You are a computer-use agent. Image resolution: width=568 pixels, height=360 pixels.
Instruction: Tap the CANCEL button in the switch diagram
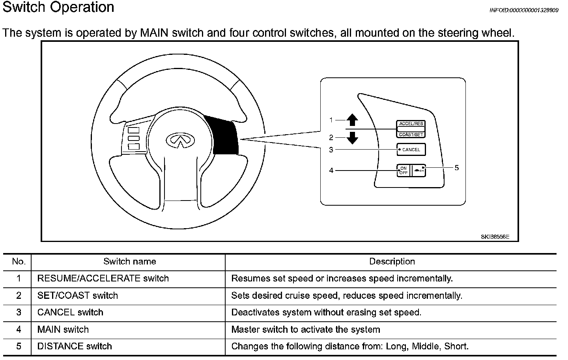point(411,150)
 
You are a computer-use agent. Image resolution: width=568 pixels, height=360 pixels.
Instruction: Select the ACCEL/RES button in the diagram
point(411,124)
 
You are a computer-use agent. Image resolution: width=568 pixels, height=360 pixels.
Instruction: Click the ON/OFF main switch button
point(403,171)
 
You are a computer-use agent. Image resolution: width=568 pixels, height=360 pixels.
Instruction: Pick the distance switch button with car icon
point(418,171)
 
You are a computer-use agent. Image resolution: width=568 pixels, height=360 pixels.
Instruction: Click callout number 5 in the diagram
point(456,168)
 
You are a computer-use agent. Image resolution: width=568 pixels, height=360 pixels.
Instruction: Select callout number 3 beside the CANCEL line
point(331,150)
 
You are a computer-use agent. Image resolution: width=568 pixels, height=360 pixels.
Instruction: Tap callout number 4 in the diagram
point(331,171)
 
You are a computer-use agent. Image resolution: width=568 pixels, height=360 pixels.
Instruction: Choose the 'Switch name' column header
point(129,261)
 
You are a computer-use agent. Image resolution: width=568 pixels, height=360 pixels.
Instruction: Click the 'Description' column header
point(392,261)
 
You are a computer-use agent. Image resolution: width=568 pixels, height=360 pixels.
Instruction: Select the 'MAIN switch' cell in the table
point(63,329)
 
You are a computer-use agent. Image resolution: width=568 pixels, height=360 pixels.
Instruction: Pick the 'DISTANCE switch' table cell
point(75,346)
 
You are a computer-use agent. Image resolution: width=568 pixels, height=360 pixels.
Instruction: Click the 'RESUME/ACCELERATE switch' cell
point(103,278)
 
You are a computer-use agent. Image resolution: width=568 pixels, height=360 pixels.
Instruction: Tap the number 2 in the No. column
point(19,295)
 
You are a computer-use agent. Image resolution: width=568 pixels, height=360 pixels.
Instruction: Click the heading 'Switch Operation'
point(58,7)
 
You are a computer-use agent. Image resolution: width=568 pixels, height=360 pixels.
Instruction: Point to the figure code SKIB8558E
point(495,237)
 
